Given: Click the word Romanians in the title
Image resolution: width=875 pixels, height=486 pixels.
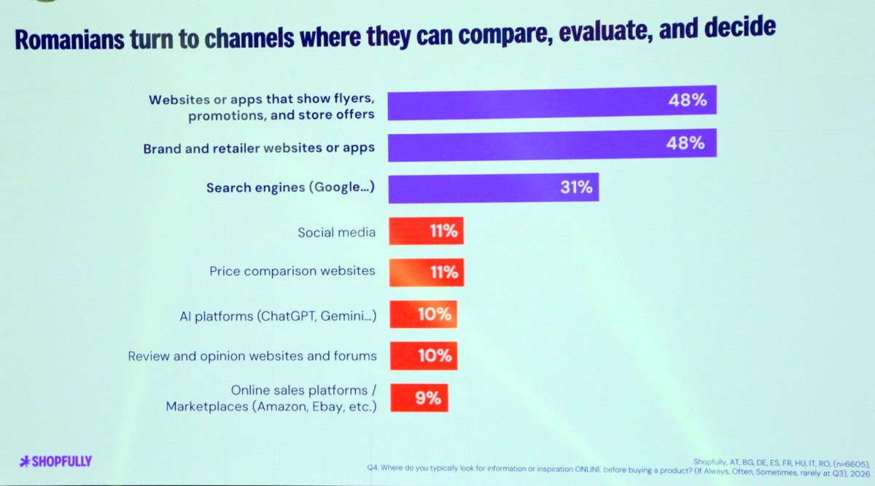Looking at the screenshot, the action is [x=69, y=40].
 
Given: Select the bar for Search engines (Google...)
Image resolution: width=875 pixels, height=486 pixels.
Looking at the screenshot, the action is [x=494, y=188].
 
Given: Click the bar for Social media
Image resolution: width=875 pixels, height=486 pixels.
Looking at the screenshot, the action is [x=426, y=231].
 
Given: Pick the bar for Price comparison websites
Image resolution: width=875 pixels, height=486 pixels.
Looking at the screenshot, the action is [x=427, y=272].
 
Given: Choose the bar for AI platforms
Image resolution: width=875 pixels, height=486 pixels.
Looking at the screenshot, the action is [x=424, y=314].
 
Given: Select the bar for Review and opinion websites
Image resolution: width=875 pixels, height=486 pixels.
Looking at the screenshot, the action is [x=424, y=356].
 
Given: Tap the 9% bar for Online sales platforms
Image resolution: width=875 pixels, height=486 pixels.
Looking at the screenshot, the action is [x=419, y=398].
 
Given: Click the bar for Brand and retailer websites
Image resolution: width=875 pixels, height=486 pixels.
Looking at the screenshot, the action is [x=553, y=144].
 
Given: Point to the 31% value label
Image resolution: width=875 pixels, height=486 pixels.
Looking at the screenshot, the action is [x=576, y=187].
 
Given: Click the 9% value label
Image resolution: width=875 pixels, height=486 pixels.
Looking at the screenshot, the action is [x=428, y=398].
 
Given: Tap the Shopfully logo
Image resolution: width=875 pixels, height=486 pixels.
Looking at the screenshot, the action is [x=55, y=461].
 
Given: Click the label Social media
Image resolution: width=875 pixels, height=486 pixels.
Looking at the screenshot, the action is [x=336, y=232].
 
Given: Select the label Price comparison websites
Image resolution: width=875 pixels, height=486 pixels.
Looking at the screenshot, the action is [x=292, y=270].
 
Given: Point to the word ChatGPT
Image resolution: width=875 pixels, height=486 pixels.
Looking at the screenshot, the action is [x=287, y=315].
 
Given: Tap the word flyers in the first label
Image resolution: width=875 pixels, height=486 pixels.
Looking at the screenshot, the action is [x=354, y=98].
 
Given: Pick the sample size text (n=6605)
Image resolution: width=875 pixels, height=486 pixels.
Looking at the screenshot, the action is [x=851, y=463].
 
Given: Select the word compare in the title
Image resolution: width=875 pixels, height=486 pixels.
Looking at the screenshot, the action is [x=505, y=34].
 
